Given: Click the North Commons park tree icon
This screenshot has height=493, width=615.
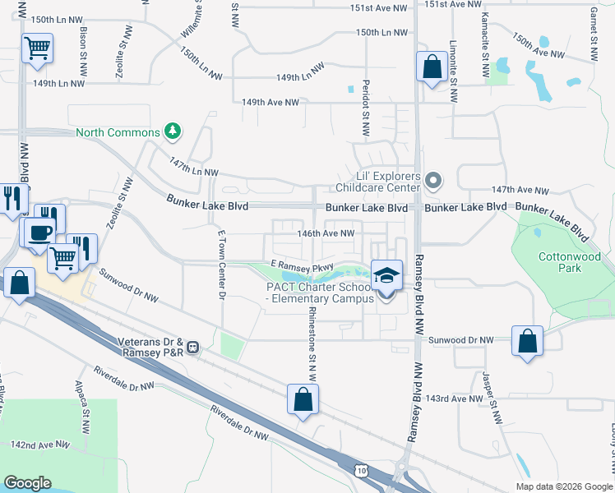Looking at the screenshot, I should [172, 131].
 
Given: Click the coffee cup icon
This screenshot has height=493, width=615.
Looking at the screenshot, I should [39, 233].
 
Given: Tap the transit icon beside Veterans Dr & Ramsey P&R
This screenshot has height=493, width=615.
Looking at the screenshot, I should [193, 347].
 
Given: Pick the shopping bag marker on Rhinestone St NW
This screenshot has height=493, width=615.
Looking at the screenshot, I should [303, 400].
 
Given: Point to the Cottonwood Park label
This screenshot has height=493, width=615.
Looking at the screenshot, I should [563, 262].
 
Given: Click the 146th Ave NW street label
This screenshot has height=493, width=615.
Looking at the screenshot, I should [326, 233].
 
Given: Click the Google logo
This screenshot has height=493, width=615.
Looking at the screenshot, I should [27, 483].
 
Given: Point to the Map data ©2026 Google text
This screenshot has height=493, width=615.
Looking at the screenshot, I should [563, 486].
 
